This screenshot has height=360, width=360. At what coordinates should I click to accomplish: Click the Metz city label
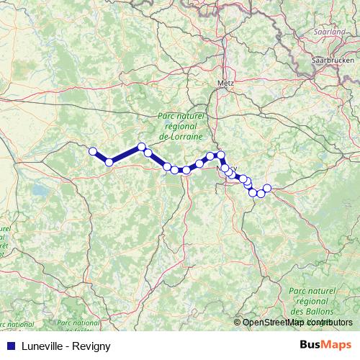(225, 83)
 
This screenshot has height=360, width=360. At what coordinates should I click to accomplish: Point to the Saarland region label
(330, 32)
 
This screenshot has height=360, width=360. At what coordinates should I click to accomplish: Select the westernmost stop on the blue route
(93, 151)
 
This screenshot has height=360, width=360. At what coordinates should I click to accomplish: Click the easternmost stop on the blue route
(267, 188)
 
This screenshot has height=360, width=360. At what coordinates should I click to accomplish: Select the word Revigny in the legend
(92, 346)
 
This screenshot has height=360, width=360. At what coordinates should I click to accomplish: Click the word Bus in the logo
(310, 345)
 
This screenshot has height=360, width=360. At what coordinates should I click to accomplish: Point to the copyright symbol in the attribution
(237, 323)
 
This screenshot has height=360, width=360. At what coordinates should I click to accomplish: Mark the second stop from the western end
(109, 162)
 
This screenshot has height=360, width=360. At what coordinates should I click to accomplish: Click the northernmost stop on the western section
(142, 147)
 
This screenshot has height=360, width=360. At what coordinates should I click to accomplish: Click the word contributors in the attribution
(329, 323)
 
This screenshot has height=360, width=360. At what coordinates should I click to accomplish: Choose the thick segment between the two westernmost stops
(101, 157)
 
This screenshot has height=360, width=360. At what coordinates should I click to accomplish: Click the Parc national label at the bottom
(78, 324)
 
